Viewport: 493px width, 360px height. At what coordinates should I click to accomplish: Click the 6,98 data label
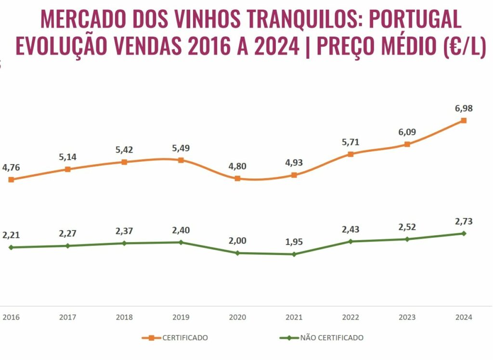(463, 108)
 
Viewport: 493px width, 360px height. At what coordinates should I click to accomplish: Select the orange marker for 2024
(463, 120)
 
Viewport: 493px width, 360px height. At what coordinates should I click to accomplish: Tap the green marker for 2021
(294, 254)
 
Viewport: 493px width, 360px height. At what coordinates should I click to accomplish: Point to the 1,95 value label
(294, 242)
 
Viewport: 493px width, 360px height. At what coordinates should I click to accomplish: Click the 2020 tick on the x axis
(237, 317)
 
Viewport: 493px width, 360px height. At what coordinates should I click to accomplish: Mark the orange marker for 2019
(181, 160)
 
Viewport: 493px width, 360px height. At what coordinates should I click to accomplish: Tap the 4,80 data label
(237, 166)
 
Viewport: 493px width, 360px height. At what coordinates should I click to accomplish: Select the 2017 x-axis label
(67, 317)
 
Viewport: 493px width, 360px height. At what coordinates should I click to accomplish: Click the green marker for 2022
(350, 241)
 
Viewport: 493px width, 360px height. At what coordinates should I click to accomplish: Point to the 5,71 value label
(350, 142)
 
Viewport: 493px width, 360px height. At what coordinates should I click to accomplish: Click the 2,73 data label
(463, 221)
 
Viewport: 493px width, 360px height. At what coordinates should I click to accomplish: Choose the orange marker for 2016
(11, 180)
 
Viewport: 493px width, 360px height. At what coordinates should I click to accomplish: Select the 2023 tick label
(407, 317)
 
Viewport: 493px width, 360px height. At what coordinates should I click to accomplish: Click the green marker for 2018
(124, 243)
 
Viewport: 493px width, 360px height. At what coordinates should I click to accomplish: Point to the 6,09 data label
(407, 132)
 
